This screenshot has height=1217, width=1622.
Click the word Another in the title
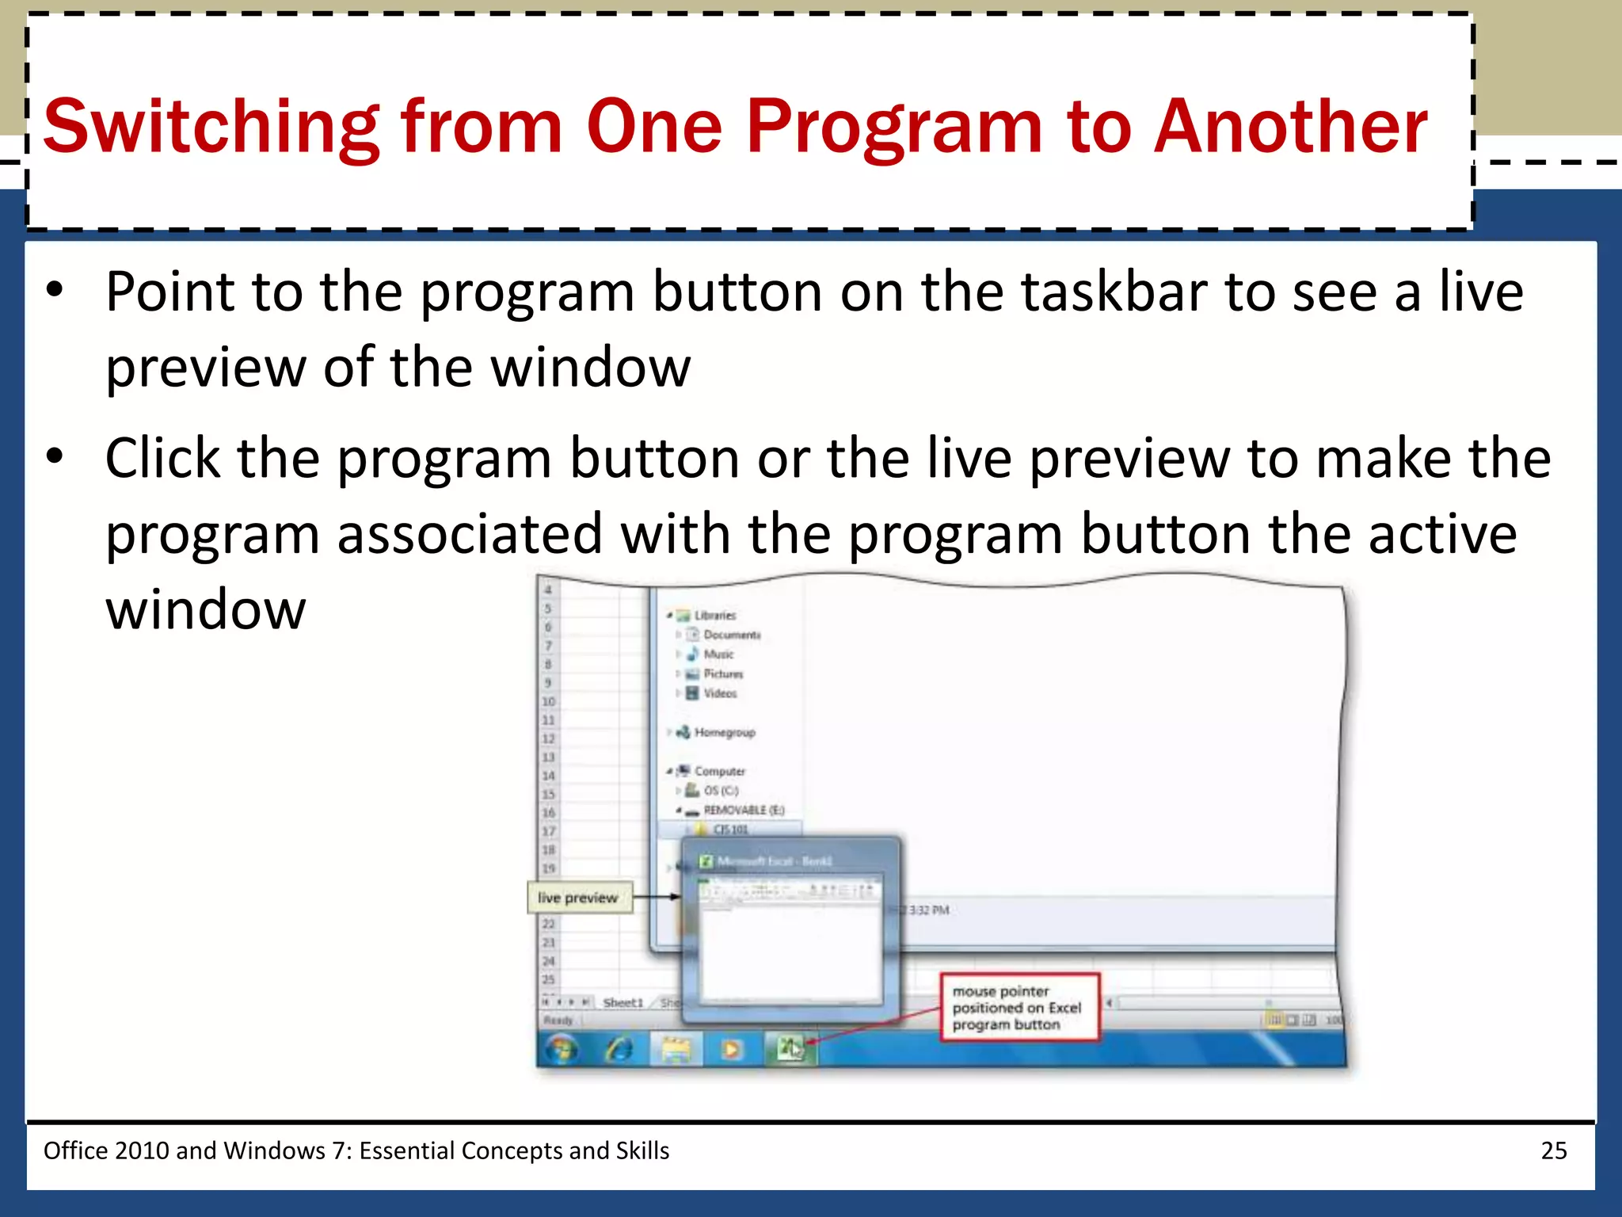tap(1290, 127)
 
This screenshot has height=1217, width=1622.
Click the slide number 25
tap(1553, 1150)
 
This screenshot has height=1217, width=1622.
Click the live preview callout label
tap(579, 898)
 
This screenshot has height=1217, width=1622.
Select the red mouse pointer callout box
tap(1019, 1008)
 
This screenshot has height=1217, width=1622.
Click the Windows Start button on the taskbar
tap(562, 1050)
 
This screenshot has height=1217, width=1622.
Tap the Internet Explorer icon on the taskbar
tap(619, 1050)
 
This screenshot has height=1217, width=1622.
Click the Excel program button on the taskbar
tap(789, 1050)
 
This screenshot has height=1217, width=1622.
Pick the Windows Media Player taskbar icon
tap(732, 1050)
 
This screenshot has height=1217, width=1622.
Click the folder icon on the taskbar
tap(676, 1050)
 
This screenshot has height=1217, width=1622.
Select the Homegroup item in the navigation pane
tap(724, 732)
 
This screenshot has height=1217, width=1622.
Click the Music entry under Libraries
tap(718, 654)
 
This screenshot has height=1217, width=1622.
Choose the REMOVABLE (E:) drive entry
tap(743, 810)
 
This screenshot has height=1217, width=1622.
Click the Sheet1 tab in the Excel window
tap(623, 1003)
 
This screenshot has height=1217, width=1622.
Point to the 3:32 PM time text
tap(928, 910)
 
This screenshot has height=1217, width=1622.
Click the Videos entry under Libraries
tap(719, 693)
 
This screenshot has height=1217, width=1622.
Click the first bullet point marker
tap(54, 291)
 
